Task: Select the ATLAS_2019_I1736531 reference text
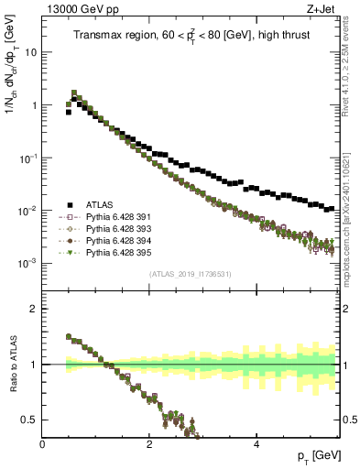191,274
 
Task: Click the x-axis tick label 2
149,444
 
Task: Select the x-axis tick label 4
256,444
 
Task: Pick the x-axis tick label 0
43,444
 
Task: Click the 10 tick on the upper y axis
29,52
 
